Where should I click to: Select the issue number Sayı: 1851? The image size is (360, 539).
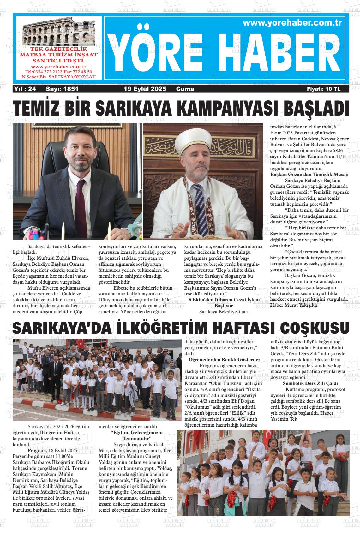point(62,89)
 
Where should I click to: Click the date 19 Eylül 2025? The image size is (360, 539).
point(145,89)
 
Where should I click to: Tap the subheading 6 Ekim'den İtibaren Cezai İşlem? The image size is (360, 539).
point(224,299)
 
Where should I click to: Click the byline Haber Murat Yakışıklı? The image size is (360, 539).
point(294,305)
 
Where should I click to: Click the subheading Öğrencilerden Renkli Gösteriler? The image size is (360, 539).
point(224,359)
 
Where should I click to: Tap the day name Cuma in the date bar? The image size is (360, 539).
point(185,89)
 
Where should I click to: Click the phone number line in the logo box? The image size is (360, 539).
point(58,72)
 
